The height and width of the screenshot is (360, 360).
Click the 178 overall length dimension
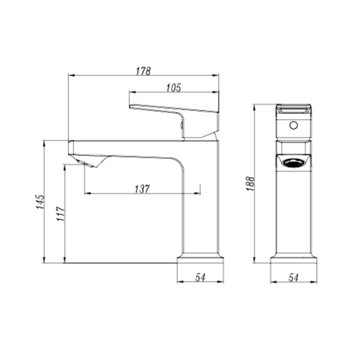click(143, 70)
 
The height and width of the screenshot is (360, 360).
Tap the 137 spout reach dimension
click(142, 188)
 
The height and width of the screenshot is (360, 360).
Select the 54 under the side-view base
click(201, 277)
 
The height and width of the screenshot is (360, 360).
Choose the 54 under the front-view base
click(293, 277)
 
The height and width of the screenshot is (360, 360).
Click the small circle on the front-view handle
click(293, 126)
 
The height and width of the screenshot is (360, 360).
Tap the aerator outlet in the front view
click(293, 162)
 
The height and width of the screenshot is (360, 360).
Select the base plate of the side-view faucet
click(201, 259)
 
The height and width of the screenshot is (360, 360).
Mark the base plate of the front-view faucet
click(293, 259)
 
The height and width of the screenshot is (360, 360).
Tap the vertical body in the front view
click(293, 210)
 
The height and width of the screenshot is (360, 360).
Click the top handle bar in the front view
click(293, 109)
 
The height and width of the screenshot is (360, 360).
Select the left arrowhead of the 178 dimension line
click(71, 76)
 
